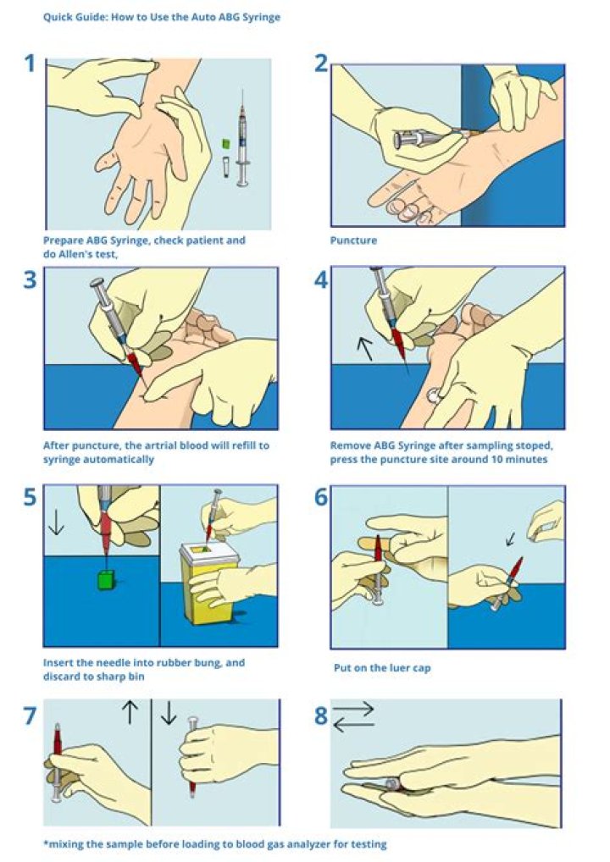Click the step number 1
pyautogui.click(x=30, y=64)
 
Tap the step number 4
pyautogui.click(x=321, y=279)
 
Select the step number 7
pyautogui.click(x=30, y=716)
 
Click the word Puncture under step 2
pyautogui.click(x=353, y=240)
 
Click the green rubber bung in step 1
pyautogui.click(x=225, y=143)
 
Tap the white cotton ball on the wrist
pyautogui.click(x=434, y=395)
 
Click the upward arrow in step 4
pyautogui.click(x=364, y=349)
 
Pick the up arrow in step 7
pyautogui.click(x=130, y=712)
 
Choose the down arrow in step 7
pyautogui.click(x=169, y=712)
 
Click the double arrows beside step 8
pyautogui.click(x=353, y=717)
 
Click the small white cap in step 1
pyautogui.click(x=226, y=167)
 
